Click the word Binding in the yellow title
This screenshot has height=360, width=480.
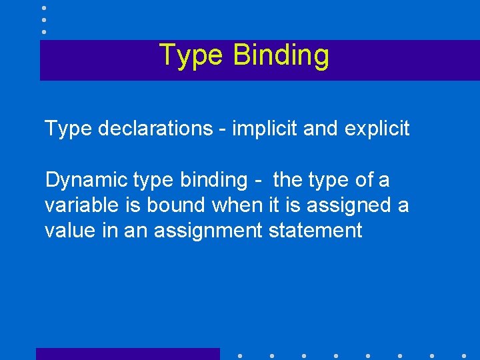tap(281, 56)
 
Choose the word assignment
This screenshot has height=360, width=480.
tap(208, 231)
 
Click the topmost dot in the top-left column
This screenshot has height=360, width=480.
tap(43, 8)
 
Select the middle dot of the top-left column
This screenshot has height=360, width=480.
tap(43, 20)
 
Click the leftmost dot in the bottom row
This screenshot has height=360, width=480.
tap(239, 355)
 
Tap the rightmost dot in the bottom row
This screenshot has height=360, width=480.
tap(464, 355)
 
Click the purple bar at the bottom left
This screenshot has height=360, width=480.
tap(127, 354)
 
